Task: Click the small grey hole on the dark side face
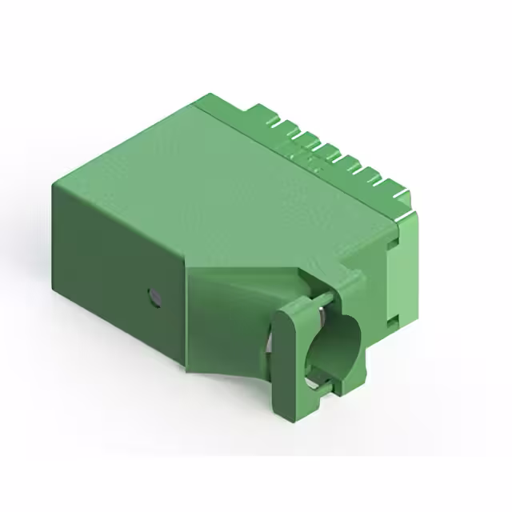pos(154,298)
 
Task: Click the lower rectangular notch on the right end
pos(393,320)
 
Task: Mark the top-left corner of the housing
pos(54,185)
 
